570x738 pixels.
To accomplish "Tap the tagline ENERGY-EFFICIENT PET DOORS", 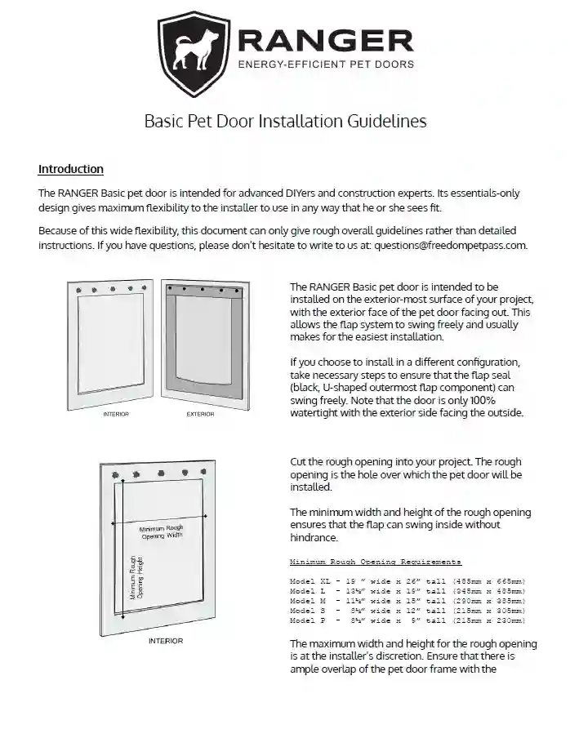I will (325, 64).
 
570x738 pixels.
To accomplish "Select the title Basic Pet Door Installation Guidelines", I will (285, 122).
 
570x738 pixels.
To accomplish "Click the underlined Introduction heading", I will (71, 169).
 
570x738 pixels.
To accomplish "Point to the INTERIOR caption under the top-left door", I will (116, 414).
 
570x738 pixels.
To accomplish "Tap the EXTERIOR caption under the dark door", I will (200, 414).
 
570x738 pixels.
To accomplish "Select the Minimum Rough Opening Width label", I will (162, 532).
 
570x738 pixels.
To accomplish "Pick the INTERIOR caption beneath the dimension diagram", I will (166, 641).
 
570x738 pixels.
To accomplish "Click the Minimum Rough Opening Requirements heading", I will (376, 562).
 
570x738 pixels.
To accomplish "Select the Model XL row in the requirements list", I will (407, 581).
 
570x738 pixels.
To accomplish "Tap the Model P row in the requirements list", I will (407, 620).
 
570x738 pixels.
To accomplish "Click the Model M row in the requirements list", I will (407, 601).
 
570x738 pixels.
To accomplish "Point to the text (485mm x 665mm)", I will (488, 581).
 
